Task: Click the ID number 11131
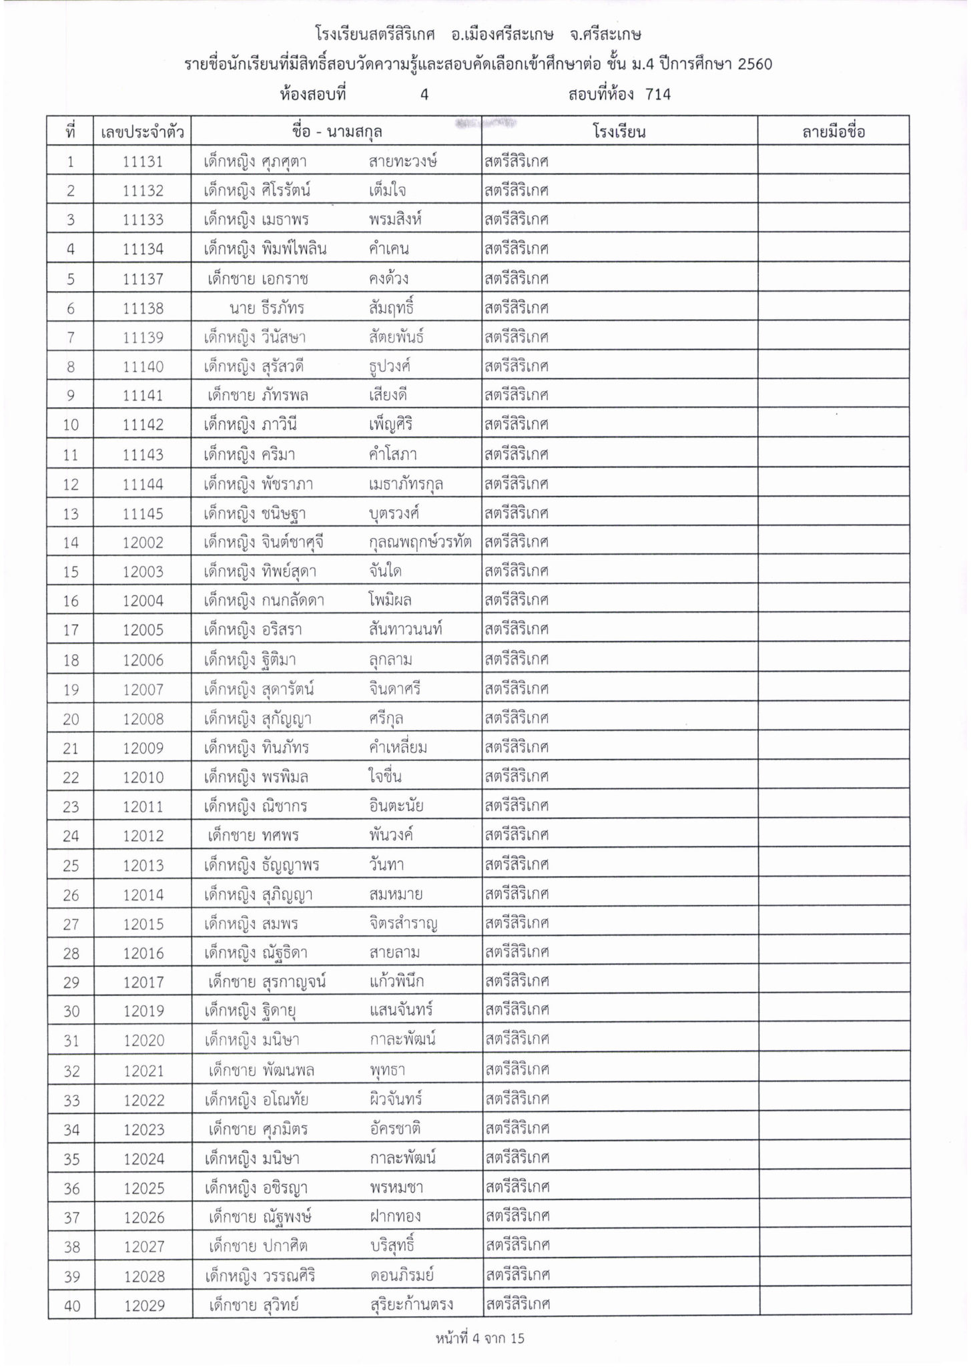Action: tap(143, 162)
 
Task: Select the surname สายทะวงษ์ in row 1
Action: tap(403, 162)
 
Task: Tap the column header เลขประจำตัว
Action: tap(143, 131)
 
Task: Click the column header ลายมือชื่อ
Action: tap(833, 131)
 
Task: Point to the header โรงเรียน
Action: tap(619, 131)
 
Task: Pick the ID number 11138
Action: tap(143, 308)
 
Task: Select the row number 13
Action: tap(71, 514)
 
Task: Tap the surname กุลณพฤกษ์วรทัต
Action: tap(420, 543)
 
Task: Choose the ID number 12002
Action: tap(143, 543)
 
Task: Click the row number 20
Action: tap(71, 720)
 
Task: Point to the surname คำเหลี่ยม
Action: tap(398, 748)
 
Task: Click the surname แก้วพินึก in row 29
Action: tap(396, 982)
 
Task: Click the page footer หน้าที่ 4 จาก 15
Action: tap(479, 1338)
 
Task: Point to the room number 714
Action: tap(658, 95)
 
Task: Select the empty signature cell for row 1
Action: tap(833, 162)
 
